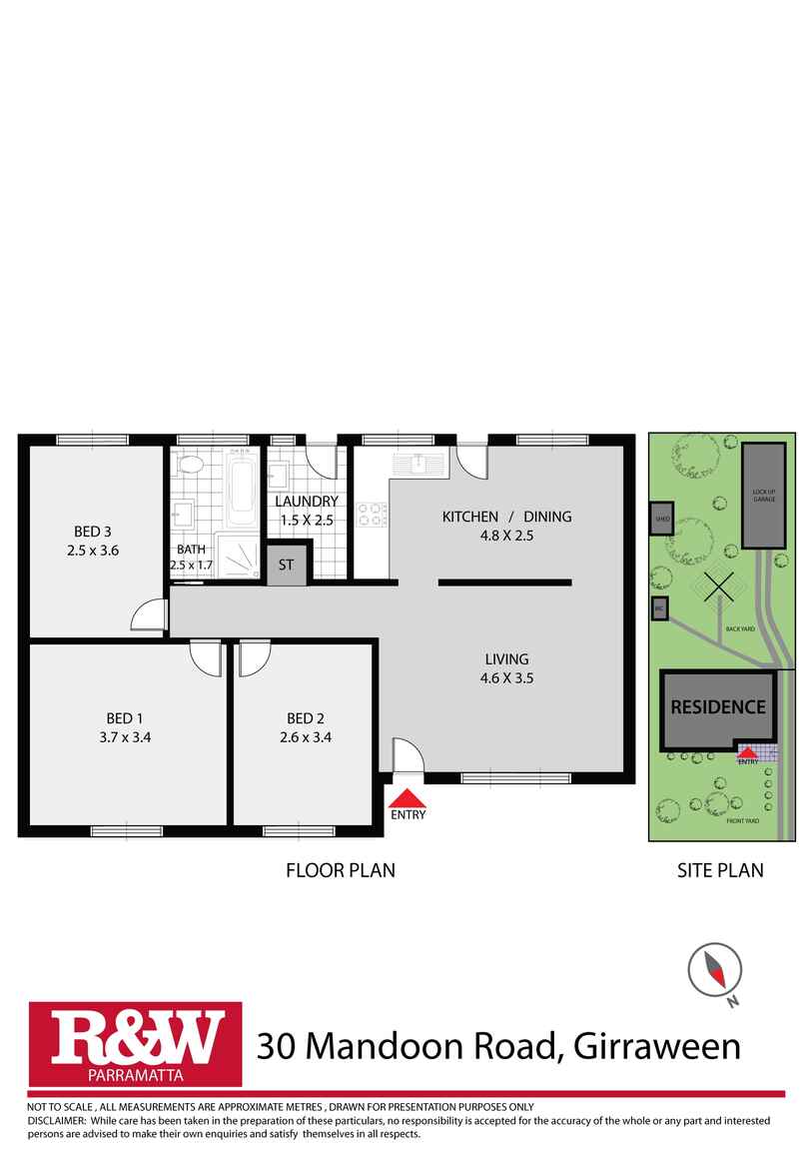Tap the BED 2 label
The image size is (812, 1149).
pyautogui.click(x=306, y=718)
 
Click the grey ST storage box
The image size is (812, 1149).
pyautogui.click(x=287, y=565)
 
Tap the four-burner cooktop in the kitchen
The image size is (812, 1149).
pyautogui.click(x=372, y=515)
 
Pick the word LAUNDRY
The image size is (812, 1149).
pyautogui.click(x=307, y=502)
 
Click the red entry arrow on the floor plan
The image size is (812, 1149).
pyautogui.click(x=406, y=797)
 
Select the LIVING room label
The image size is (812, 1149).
pyautogui.click(x=506, y=659)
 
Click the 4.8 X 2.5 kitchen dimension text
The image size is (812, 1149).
pyautogui.click(x=507, y=536)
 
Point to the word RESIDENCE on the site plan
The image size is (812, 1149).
pyautogui.click(x=718, y=707)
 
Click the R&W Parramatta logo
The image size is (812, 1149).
pyautogui.click(x=135, y=1044)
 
